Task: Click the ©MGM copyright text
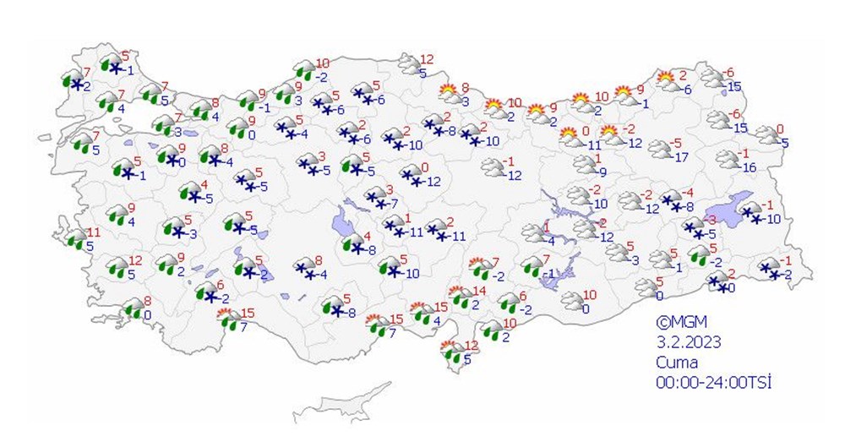(x=681, y=321)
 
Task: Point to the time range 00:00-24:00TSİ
(x=715, y=382)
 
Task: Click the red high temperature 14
(x=479, y=291)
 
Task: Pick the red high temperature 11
(x=94, y=232)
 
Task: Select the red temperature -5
(x=676, y=143)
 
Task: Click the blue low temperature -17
(x=682, y=156)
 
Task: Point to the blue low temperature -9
(x=602, y=172)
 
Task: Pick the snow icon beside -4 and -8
(x=672, y=199)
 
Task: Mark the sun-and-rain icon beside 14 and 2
(x=461, y=297)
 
